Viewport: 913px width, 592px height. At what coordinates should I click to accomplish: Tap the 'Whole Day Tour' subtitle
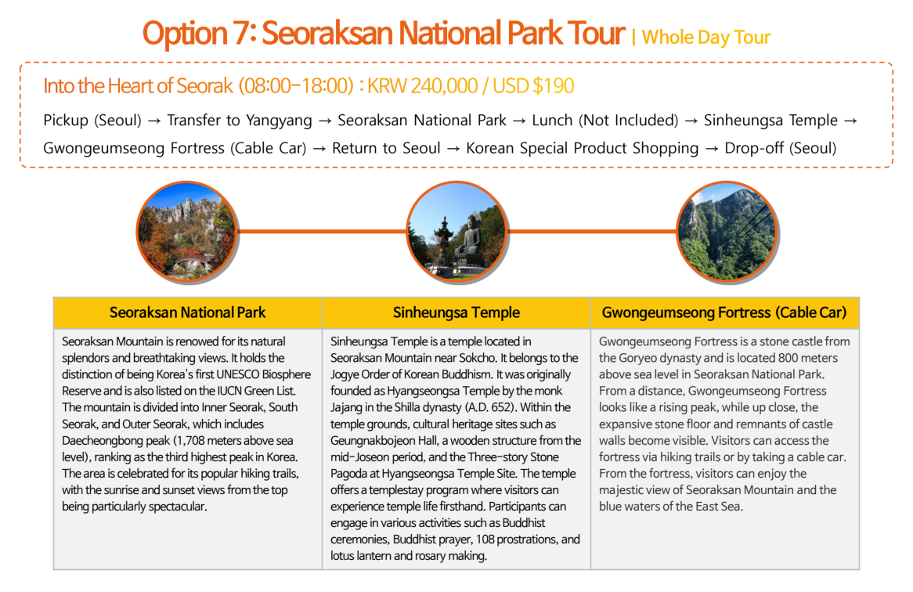tap(706, 37)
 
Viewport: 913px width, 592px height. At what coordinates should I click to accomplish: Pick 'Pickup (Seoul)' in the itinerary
tap(92, 121)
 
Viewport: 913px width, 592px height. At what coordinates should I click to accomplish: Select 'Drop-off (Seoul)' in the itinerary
tap(780, 148)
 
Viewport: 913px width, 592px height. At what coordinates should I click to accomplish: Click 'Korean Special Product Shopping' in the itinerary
tap(582, 148)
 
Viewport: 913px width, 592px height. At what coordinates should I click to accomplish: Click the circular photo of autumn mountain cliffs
tap(186, 230)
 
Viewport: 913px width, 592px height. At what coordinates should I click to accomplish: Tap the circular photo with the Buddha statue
tap(456, 230)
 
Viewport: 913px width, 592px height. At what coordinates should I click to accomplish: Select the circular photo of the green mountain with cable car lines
tap(726, 230)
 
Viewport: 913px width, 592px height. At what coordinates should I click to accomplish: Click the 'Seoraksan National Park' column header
tap(187, 312)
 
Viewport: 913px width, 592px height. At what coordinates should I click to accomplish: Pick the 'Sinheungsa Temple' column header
tap(456, 312)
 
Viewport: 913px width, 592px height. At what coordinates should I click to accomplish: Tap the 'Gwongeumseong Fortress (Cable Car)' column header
tap(724, 312)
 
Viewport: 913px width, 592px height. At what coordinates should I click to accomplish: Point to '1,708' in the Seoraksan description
tap(195, 440)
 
